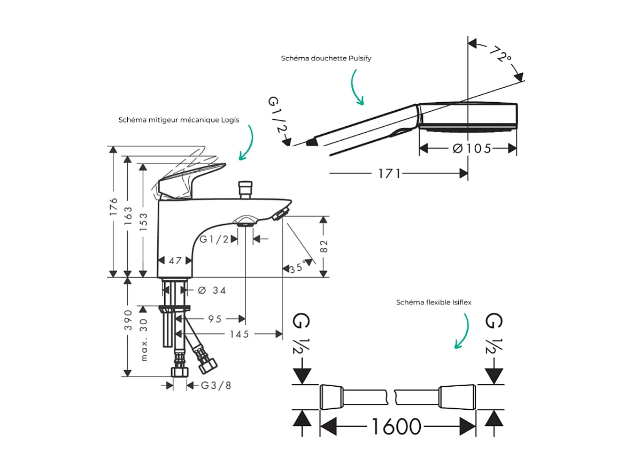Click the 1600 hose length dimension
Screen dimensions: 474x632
tap(396, 426)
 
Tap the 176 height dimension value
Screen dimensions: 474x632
tap(113, 208)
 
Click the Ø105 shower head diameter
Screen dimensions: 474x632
tap(472, 148)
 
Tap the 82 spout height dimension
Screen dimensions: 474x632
tap(323, 246)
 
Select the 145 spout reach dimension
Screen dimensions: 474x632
tap(239, 334)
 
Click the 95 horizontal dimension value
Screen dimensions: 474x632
tap(215, 319)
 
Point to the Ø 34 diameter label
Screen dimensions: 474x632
tap(212, 290)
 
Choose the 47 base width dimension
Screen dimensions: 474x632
tap(175, 261)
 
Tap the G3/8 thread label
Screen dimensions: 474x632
tap(216, 385)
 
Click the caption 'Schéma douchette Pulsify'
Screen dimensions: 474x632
tap(326, 58)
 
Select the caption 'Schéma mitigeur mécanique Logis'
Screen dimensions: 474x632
tap(179, 120)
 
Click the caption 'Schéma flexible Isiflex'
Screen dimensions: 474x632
tap(434, 302)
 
